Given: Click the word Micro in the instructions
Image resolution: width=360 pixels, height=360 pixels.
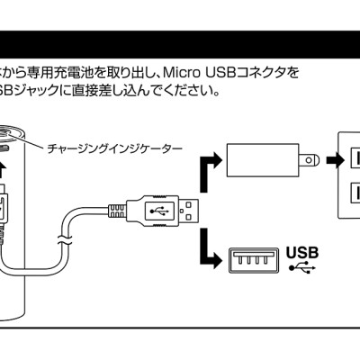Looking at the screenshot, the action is coord(182,73).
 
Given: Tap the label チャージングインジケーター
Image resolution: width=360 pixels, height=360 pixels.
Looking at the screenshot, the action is coord(114,148).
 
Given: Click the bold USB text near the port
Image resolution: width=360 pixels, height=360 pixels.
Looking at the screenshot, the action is coord(302,253).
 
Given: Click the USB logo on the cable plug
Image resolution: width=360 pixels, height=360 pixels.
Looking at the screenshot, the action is coord(159,211).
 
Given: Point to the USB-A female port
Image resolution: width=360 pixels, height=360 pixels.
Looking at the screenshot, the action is coord(254,260).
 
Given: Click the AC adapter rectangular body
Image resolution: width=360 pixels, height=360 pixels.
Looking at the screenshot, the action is coord(263,160).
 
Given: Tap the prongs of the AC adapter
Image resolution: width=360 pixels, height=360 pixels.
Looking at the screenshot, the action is coord(310,160).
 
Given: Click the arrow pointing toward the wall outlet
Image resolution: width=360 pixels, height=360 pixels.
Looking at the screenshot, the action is coord(335,160).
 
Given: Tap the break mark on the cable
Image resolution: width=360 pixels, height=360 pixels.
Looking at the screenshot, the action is coord(65,239).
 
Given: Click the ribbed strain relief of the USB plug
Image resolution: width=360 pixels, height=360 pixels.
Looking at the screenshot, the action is coord(117,211).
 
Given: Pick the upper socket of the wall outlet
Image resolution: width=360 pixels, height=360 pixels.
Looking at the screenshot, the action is coord(355,158).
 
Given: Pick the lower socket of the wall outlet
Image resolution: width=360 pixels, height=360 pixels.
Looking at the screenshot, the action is coord(355,193).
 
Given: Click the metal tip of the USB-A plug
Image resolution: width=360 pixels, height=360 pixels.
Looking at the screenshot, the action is coord(189,211).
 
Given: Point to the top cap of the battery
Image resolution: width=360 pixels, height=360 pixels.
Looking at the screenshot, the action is coord(11,133).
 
